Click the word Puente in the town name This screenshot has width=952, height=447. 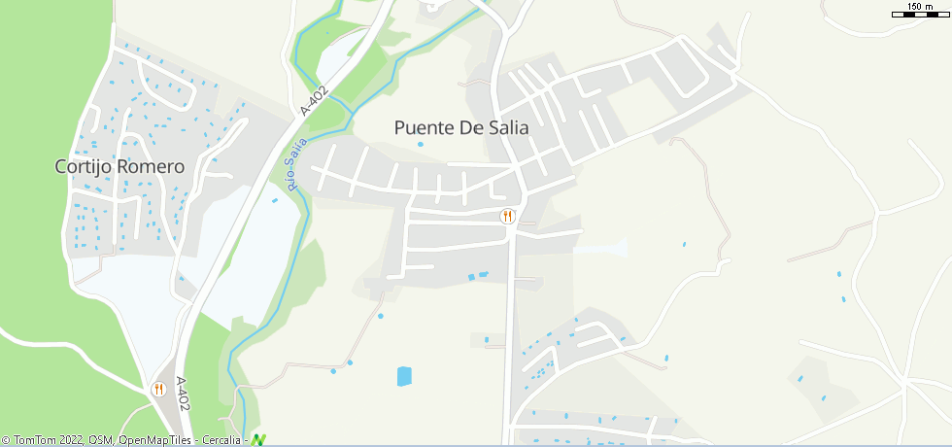[425, 127]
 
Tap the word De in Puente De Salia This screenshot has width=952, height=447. [473, 127]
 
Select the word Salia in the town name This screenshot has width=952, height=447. [510, 127]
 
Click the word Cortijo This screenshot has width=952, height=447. [84, 167]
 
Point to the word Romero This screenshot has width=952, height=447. [150, 167]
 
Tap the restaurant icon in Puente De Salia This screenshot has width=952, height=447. [506, 216]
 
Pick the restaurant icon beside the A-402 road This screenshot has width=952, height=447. [158, 389]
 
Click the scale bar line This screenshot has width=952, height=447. [919, 15]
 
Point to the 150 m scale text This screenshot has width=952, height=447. [919, 7]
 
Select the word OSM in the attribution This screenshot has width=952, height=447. [101, 440]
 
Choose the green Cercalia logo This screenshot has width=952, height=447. [258, 439]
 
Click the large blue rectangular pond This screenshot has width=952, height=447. [404, 376]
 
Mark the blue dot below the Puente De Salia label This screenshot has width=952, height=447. [421, 145]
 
